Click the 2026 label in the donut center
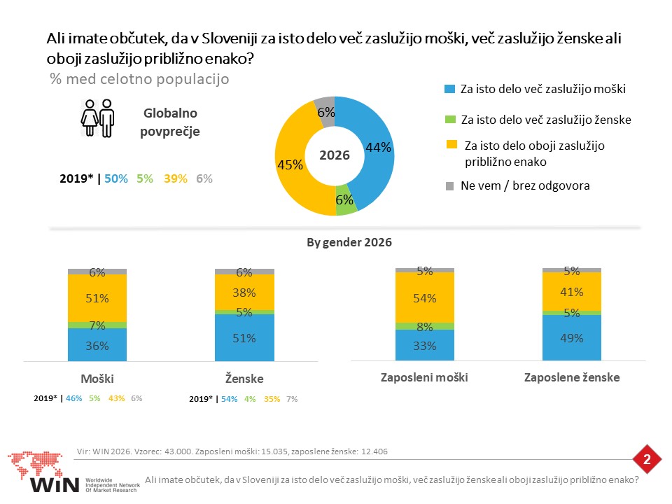(335, 155)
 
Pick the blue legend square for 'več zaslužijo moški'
(449, 89)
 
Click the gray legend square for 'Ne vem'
(449, 186)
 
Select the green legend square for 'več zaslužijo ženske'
(450, 119)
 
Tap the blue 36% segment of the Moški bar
(97, 344)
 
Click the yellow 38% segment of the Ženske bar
(244, 292)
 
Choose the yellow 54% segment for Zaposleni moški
(425, 297)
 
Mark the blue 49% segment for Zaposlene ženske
(572, 337)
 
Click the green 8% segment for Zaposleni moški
(425, 326)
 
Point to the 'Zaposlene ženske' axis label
(572, 377)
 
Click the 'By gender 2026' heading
(349, 243)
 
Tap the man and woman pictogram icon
(98, 118)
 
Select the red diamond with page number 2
(647, 459)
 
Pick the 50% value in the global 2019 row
(116, 178)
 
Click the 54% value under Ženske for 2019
(230, 399)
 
